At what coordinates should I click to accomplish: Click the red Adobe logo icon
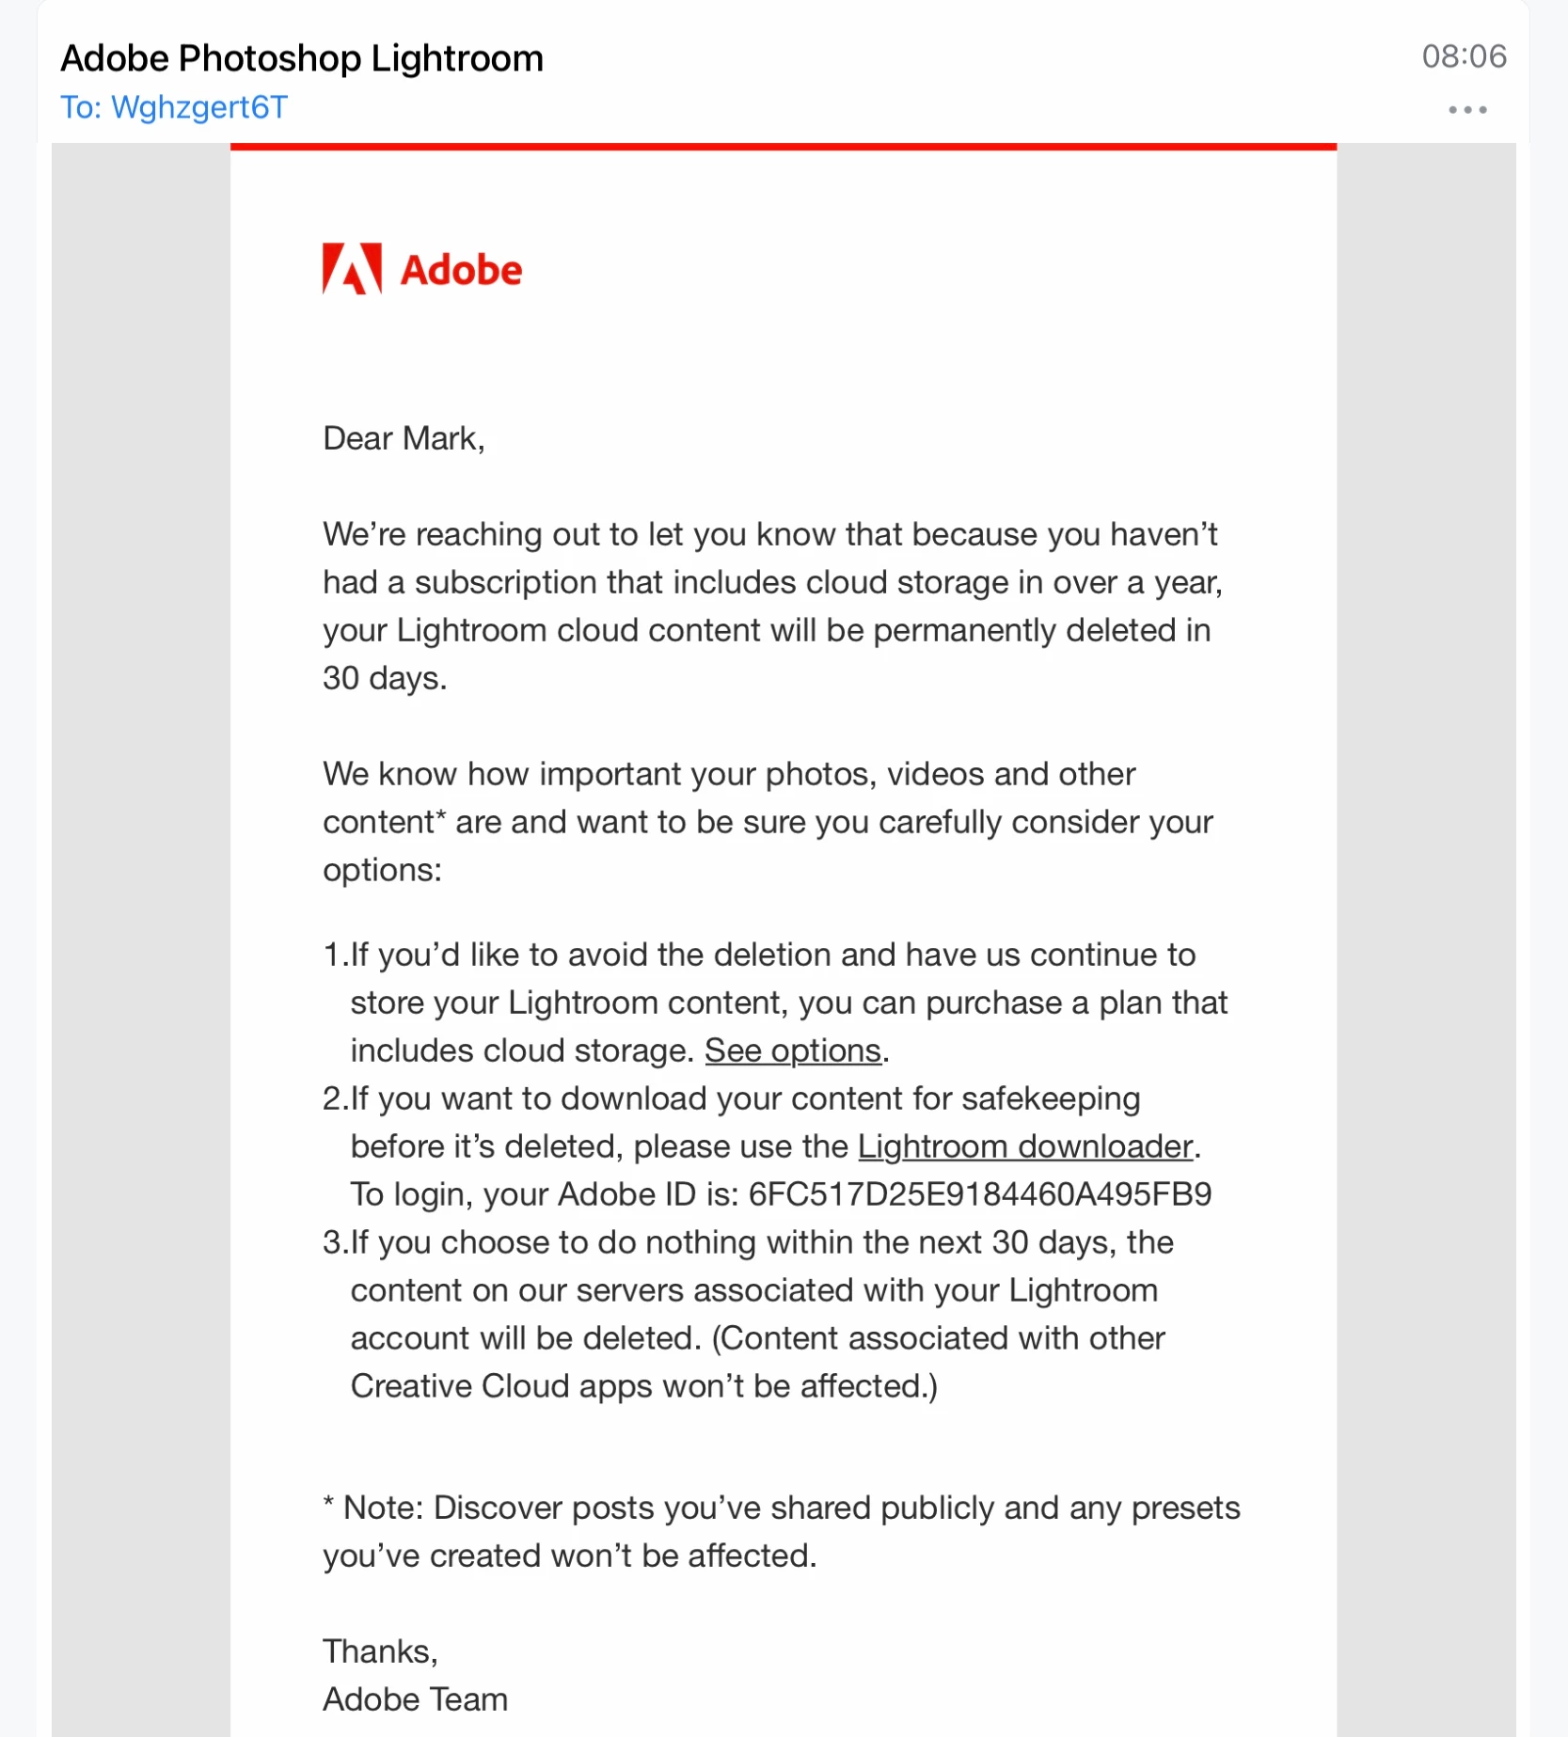[x=352, y=269]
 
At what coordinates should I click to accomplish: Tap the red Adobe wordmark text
[x=461, y=271]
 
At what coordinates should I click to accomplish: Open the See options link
[x=792, y=1050]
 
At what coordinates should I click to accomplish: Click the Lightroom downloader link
[x=1025, y=1146]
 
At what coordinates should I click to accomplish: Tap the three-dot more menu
[x=1466, y=110]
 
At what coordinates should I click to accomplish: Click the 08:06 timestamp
[x=1464, y=56]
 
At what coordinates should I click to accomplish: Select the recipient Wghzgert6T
[x=198, y=107]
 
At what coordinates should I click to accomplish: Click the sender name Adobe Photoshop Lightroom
[x=302, y=58]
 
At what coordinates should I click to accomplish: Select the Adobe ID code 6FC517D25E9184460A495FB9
[x=979, y=1194]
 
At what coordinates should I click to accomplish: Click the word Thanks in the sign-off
[x=378, y=1651]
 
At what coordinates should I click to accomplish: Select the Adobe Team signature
[x=415, y=1699]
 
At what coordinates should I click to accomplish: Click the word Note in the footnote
[x=382, y=1508]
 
